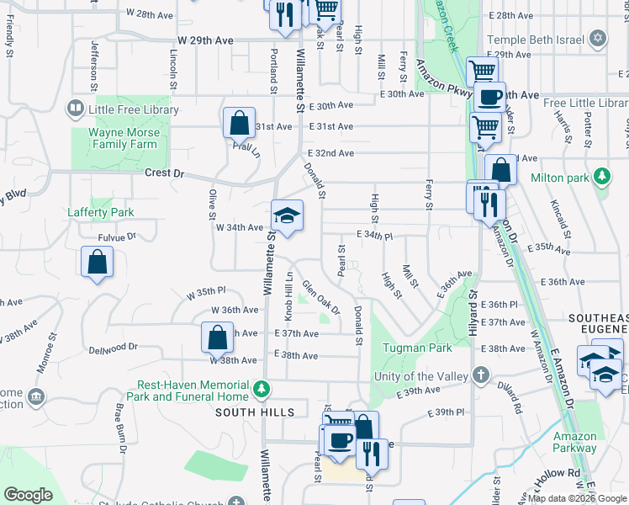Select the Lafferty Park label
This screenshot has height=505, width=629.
click(x=101, y=212)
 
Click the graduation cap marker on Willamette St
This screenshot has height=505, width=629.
click(x=287, y=217)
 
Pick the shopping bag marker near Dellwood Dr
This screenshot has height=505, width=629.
click(x=218, y=338)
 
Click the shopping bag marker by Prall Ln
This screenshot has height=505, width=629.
click(x=239, y=123)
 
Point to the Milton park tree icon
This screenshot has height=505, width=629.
click(x=601, y=178)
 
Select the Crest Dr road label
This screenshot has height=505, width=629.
click(x=164, y=173)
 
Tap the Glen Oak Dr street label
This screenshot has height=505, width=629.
click(x=321, y=297)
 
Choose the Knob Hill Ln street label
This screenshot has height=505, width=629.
click(x=288, y=295)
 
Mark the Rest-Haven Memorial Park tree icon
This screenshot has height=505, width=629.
click(x=262, y=389)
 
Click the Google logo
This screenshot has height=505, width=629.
click(x=29, y=495)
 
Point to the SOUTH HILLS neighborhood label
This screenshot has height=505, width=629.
click(x=255, y=412)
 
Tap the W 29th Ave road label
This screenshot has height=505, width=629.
click(x=205, y=40)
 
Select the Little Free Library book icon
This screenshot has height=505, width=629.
click(x=75, y=109)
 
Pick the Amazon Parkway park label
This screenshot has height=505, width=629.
click(x=575, y=442)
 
